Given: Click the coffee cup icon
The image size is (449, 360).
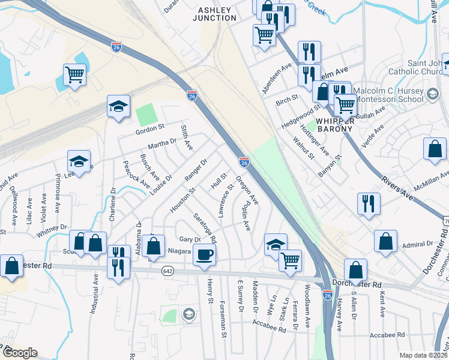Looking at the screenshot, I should pos(205,254).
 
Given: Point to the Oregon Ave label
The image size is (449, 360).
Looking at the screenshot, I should pos(247,189).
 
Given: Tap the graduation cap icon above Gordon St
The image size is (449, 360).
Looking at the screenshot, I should pos(119,107).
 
